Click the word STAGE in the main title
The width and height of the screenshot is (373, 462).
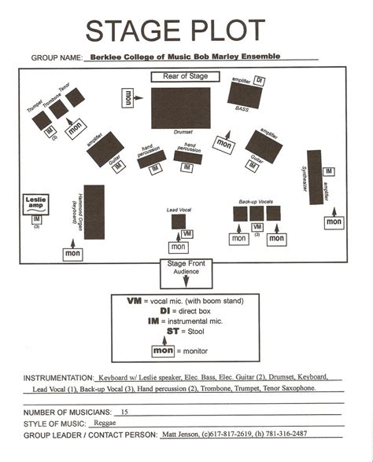(128, 31)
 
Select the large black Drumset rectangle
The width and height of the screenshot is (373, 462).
(180, 108)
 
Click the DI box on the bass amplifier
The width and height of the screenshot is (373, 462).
(260, 81)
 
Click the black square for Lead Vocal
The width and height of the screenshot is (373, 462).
(179, 221)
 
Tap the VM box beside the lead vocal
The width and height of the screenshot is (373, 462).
(186, 233)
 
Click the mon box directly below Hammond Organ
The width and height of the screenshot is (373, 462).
(72, 254)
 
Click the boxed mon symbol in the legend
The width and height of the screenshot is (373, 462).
(163, 350)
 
